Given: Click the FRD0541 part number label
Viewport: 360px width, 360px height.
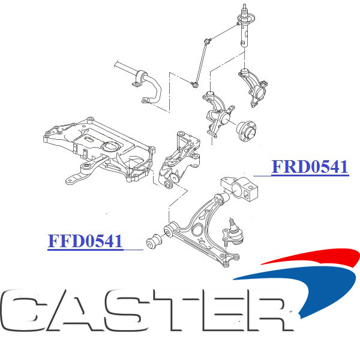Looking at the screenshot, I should point(310,167).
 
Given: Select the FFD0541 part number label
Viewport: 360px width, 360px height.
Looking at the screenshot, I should point(85,242).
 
